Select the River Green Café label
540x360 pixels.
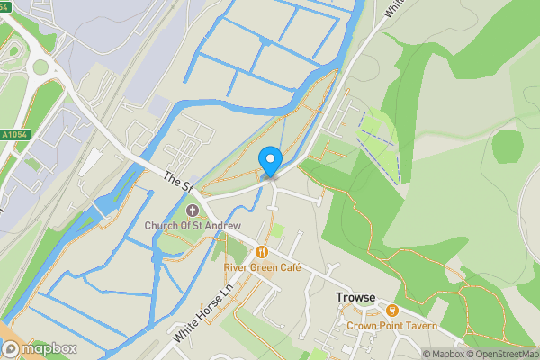pos(262,267)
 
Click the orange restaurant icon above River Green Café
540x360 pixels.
pos(262,252)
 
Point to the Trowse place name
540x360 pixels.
pos(355,297)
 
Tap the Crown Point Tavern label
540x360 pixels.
pos(393,325)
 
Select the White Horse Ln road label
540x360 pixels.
pos(203,313)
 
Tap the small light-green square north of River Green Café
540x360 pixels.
pos(277,231)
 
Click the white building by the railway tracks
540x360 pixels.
pos(90,163)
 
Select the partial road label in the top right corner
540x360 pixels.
pos(392,7)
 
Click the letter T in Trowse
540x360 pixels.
pos(340,297)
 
